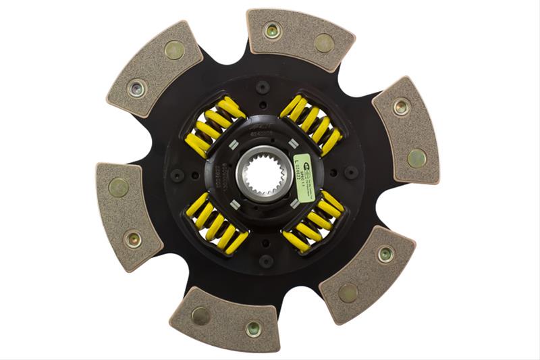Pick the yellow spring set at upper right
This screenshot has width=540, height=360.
312,123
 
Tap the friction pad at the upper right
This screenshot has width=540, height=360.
406,130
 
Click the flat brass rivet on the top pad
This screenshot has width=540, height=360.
324,43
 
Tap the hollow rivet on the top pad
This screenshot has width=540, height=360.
273,30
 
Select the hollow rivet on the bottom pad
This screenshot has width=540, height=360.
254,328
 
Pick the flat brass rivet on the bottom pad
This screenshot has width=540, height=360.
200,315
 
